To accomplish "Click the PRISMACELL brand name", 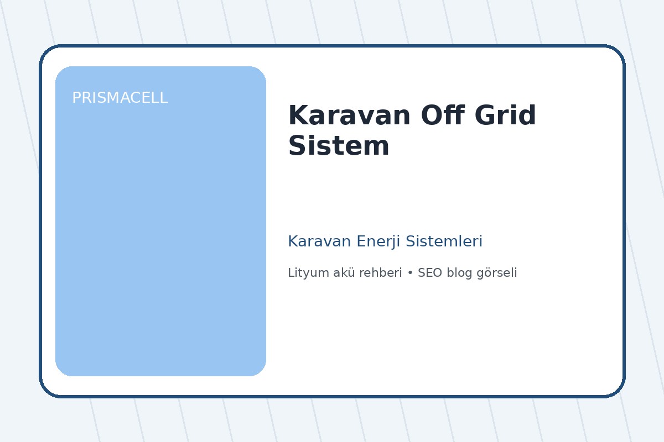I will tap(120, 98).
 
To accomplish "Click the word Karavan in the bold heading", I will tap(350, 116).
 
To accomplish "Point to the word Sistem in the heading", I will tap(339, 146).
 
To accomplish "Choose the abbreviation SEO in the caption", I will tap(430, 273).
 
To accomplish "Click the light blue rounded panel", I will tap(160, 232).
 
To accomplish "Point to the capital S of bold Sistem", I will tap(298, 146).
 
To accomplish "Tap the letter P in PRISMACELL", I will tap(76, 98).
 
